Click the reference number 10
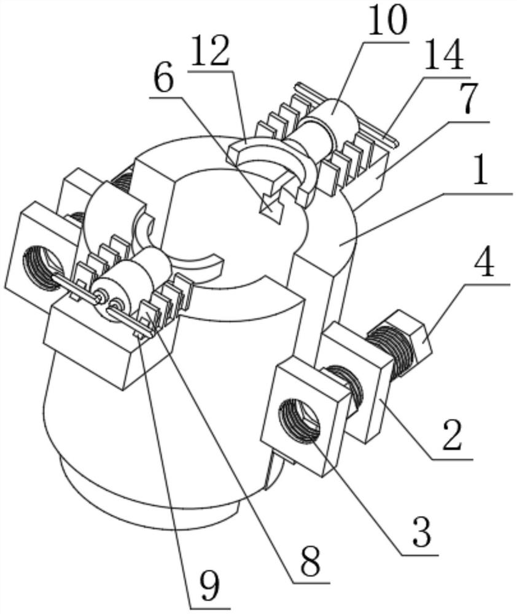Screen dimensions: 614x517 387,20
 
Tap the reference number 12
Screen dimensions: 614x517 211,52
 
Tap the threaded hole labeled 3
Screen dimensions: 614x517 299,419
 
